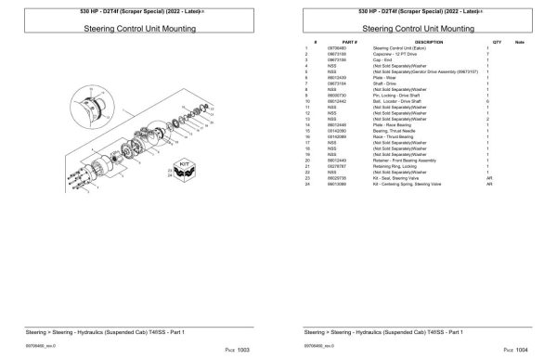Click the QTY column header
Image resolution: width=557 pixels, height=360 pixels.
[x=497, y=43]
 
